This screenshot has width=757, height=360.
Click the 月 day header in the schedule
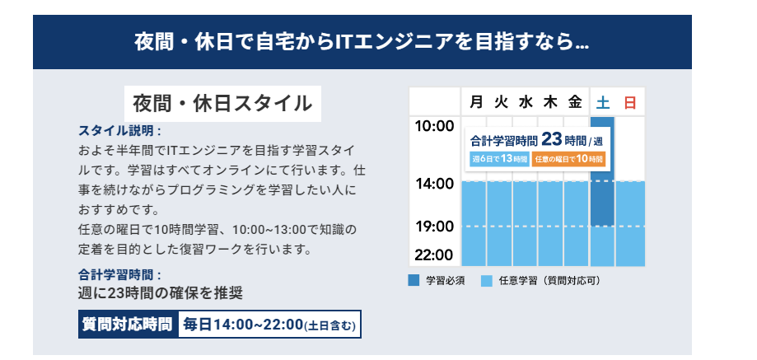point(476,102)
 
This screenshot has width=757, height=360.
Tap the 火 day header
point(501,102)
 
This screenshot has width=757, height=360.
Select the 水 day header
point(526,102)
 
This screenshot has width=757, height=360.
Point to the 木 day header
point(550,102)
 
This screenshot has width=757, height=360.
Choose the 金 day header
point(575,102)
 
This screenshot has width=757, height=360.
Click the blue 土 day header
point(602,103)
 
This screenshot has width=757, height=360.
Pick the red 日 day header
point(629,103)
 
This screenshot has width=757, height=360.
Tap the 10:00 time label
point(434,126)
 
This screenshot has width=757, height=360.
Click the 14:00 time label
point(434,184)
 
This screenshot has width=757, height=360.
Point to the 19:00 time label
point(434,227)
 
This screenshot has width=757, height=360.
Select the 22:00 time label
point(434,255)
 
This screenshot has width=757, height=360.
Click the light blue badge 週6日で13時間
point(500,159)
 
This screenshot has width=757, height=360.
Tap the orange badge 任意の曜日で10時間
point(568,159)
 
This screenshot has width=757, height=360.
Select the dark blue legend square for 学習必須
point(414,281)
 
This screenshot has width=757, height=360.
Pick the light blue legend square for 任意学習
point(487,281)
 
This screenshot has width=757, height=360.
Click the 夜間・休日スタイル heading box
point(222,104)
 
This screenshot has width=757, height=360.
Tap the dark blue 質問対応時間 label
point(128,325)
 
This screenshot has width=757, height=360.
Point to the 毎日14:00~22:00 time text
point(243,325)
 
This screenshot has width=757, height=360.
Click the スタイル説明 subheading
point(119,131)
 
